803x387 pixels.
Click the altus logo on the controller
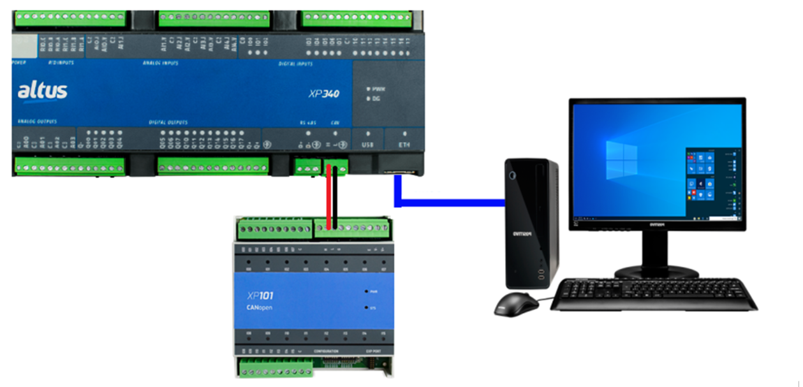pos(42,92)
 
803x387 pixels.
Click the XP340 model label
pos(323,94)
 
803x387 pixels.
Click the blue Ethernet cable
pos(446,203)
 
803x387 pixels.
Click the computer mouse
pos(515,304)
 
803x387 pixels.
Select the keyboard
pos(653,295)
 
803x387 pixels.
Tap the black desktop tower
pos(531,223)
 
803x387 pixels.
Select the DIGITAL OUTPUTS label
pos(168,121)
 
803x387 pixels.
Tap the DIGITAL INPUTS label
pos(296,64)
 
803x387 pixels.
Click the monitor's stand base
pos(656,271)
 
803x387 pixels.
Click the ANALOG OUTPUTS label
pos(37,121)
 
